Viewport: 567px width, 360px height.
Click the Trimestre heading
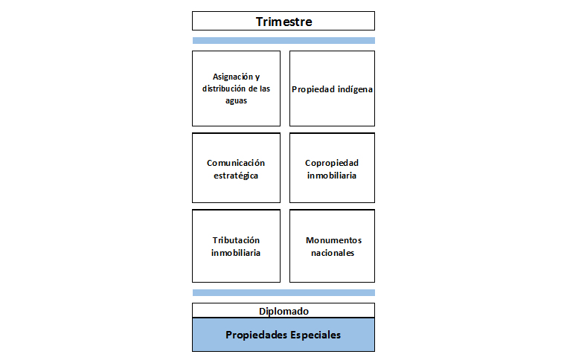click(283, 22)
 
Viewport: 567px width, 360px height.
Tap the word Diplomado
click(283, 311)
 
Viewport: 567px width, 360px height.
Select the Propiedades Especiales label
click(283, 335)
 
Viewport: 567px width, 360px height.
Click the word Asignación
click(232, 77)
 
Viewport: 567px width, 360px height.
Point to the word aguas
click(236, 101)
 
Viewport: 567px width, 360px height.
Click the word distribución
click(223, 89)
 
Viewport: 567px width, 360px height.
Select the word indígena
click(355, 89)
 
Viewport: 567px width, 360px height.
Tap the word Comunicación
click(236, 163)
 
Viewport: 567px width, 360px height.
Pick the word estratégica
click(236, 176)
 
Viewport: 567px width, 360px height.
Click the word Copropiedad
click(332, 163)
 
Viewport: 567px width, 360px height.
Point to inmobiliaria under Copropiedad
click(332, 176)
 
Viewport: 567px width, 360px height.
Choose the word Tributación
click(236, 240)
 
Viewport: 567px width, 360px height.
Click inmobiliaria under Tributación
click(236, 253)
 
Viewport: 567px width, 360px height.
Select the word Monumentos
click(334, 240)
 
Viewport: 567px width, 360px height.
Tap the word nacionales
click(333, 253)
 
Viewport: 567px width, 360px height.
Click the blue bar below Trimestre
click(283, 40)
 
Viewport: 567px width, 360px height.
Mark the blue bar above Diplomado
click(283, 293)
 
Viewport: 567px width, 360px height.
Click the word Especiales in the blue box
click(315, 335)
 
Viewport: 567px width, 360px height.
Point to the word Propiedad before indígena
click(313, 89)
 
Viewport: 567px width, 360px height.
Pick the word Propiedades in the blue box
click(257, 335)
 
